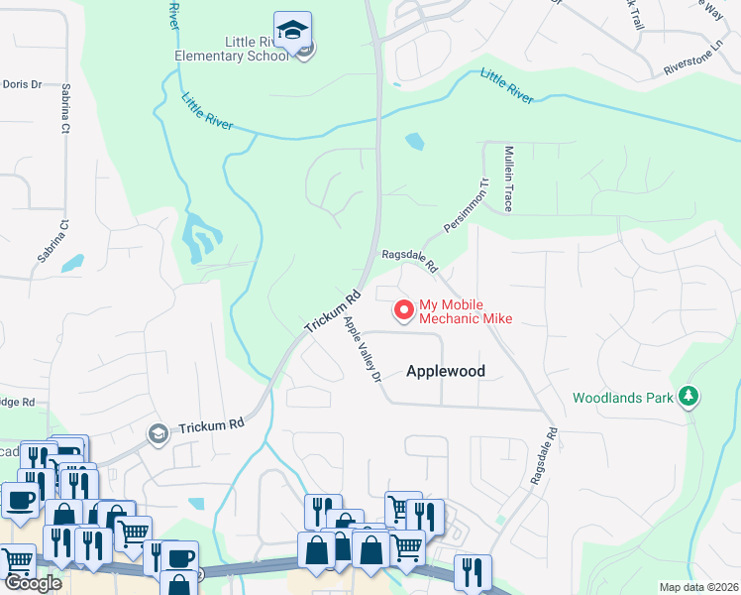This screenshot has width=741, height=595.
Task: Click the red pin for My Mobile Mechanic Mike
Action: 404,310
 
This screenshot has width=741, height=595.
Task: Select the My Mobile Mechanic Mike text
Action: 466,311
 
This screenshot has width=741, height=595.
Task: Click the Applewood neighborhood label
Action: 445,370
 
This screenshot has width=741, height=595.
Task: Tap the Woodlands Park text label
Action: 622,398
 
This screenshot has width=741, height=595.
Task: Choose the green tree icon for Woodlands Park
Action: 688,398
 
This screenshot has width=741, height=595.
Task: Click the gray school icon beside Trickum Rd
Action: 158,433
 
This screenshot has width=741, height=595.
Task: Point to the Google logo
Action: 33,583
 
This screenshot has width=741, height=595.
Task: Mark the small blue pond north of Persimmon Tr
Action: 415,142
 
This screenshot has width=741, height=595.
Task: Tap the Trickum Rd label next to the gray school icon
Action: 211,427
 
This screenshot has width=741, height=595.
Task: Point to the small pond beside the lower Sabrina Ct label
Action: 71,264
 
